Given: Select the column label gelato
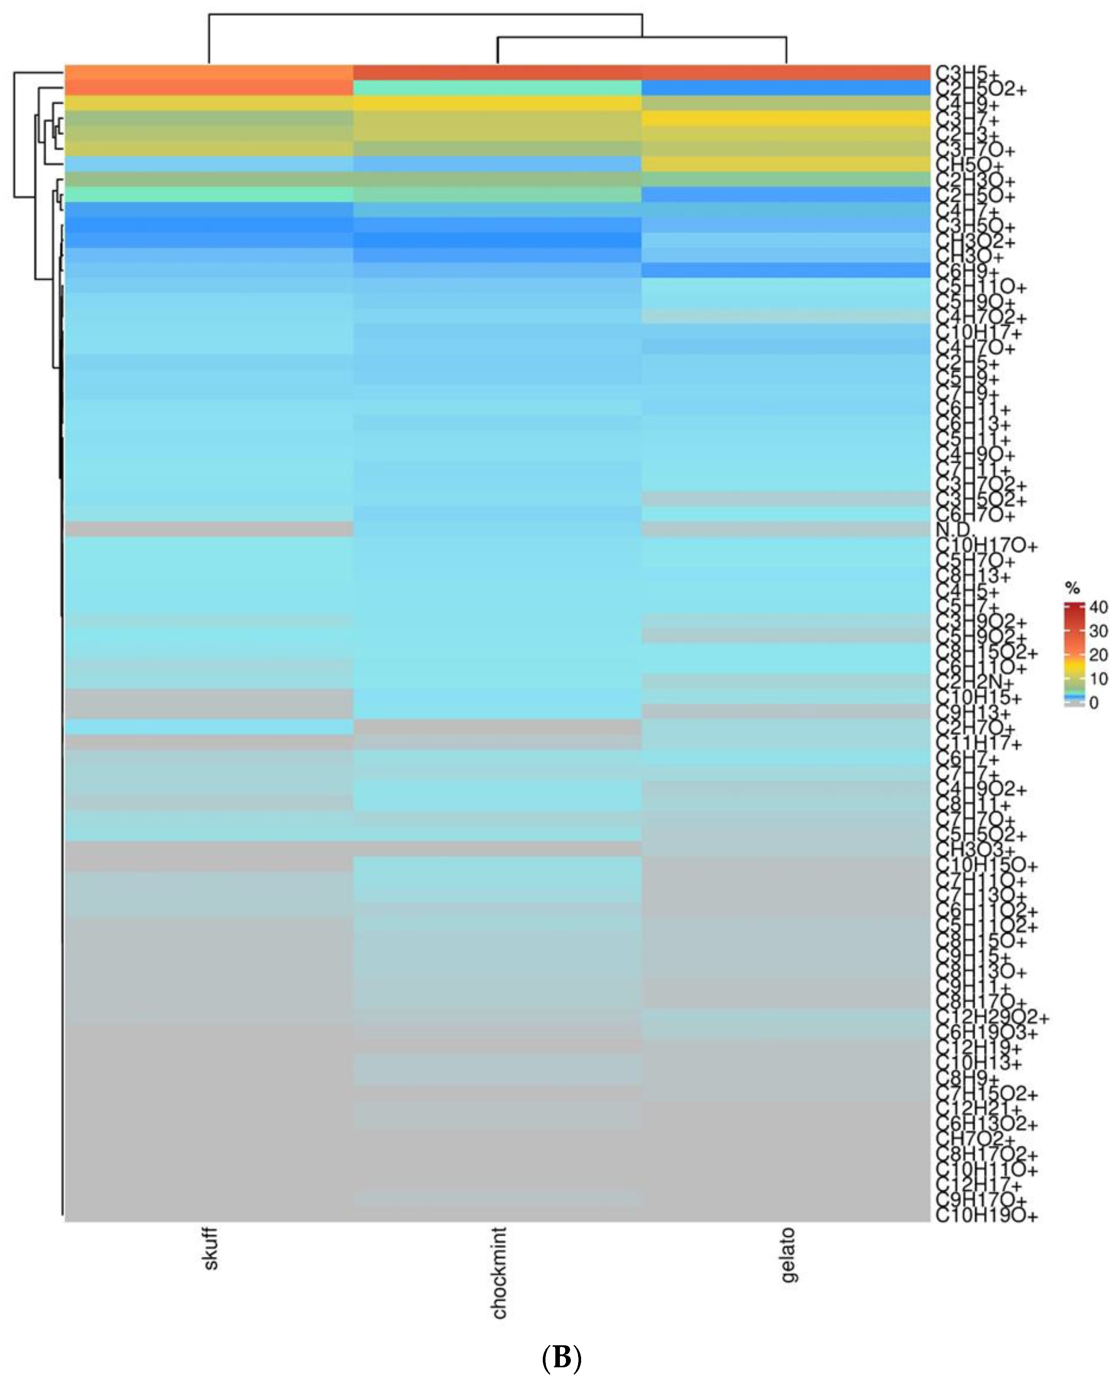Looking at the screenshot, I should (x=788, y=1255).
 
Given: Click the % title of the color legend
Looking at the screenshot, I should (x=1072, y=588).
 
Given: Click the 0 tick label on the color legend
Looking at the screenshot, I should (x=1094, y=703).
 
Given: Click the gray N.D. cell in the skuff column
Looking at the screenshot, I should (x=209, y=529).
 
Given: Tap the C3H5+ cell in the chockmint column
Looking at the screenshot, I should (x=498, y=72).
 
